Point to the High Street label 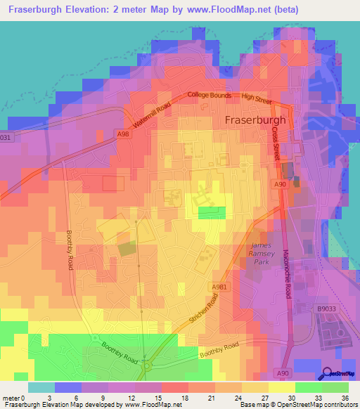pyautogui.click(x=257, y=100)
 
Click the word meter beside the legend pyautogui.click(x=12, y=399)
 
